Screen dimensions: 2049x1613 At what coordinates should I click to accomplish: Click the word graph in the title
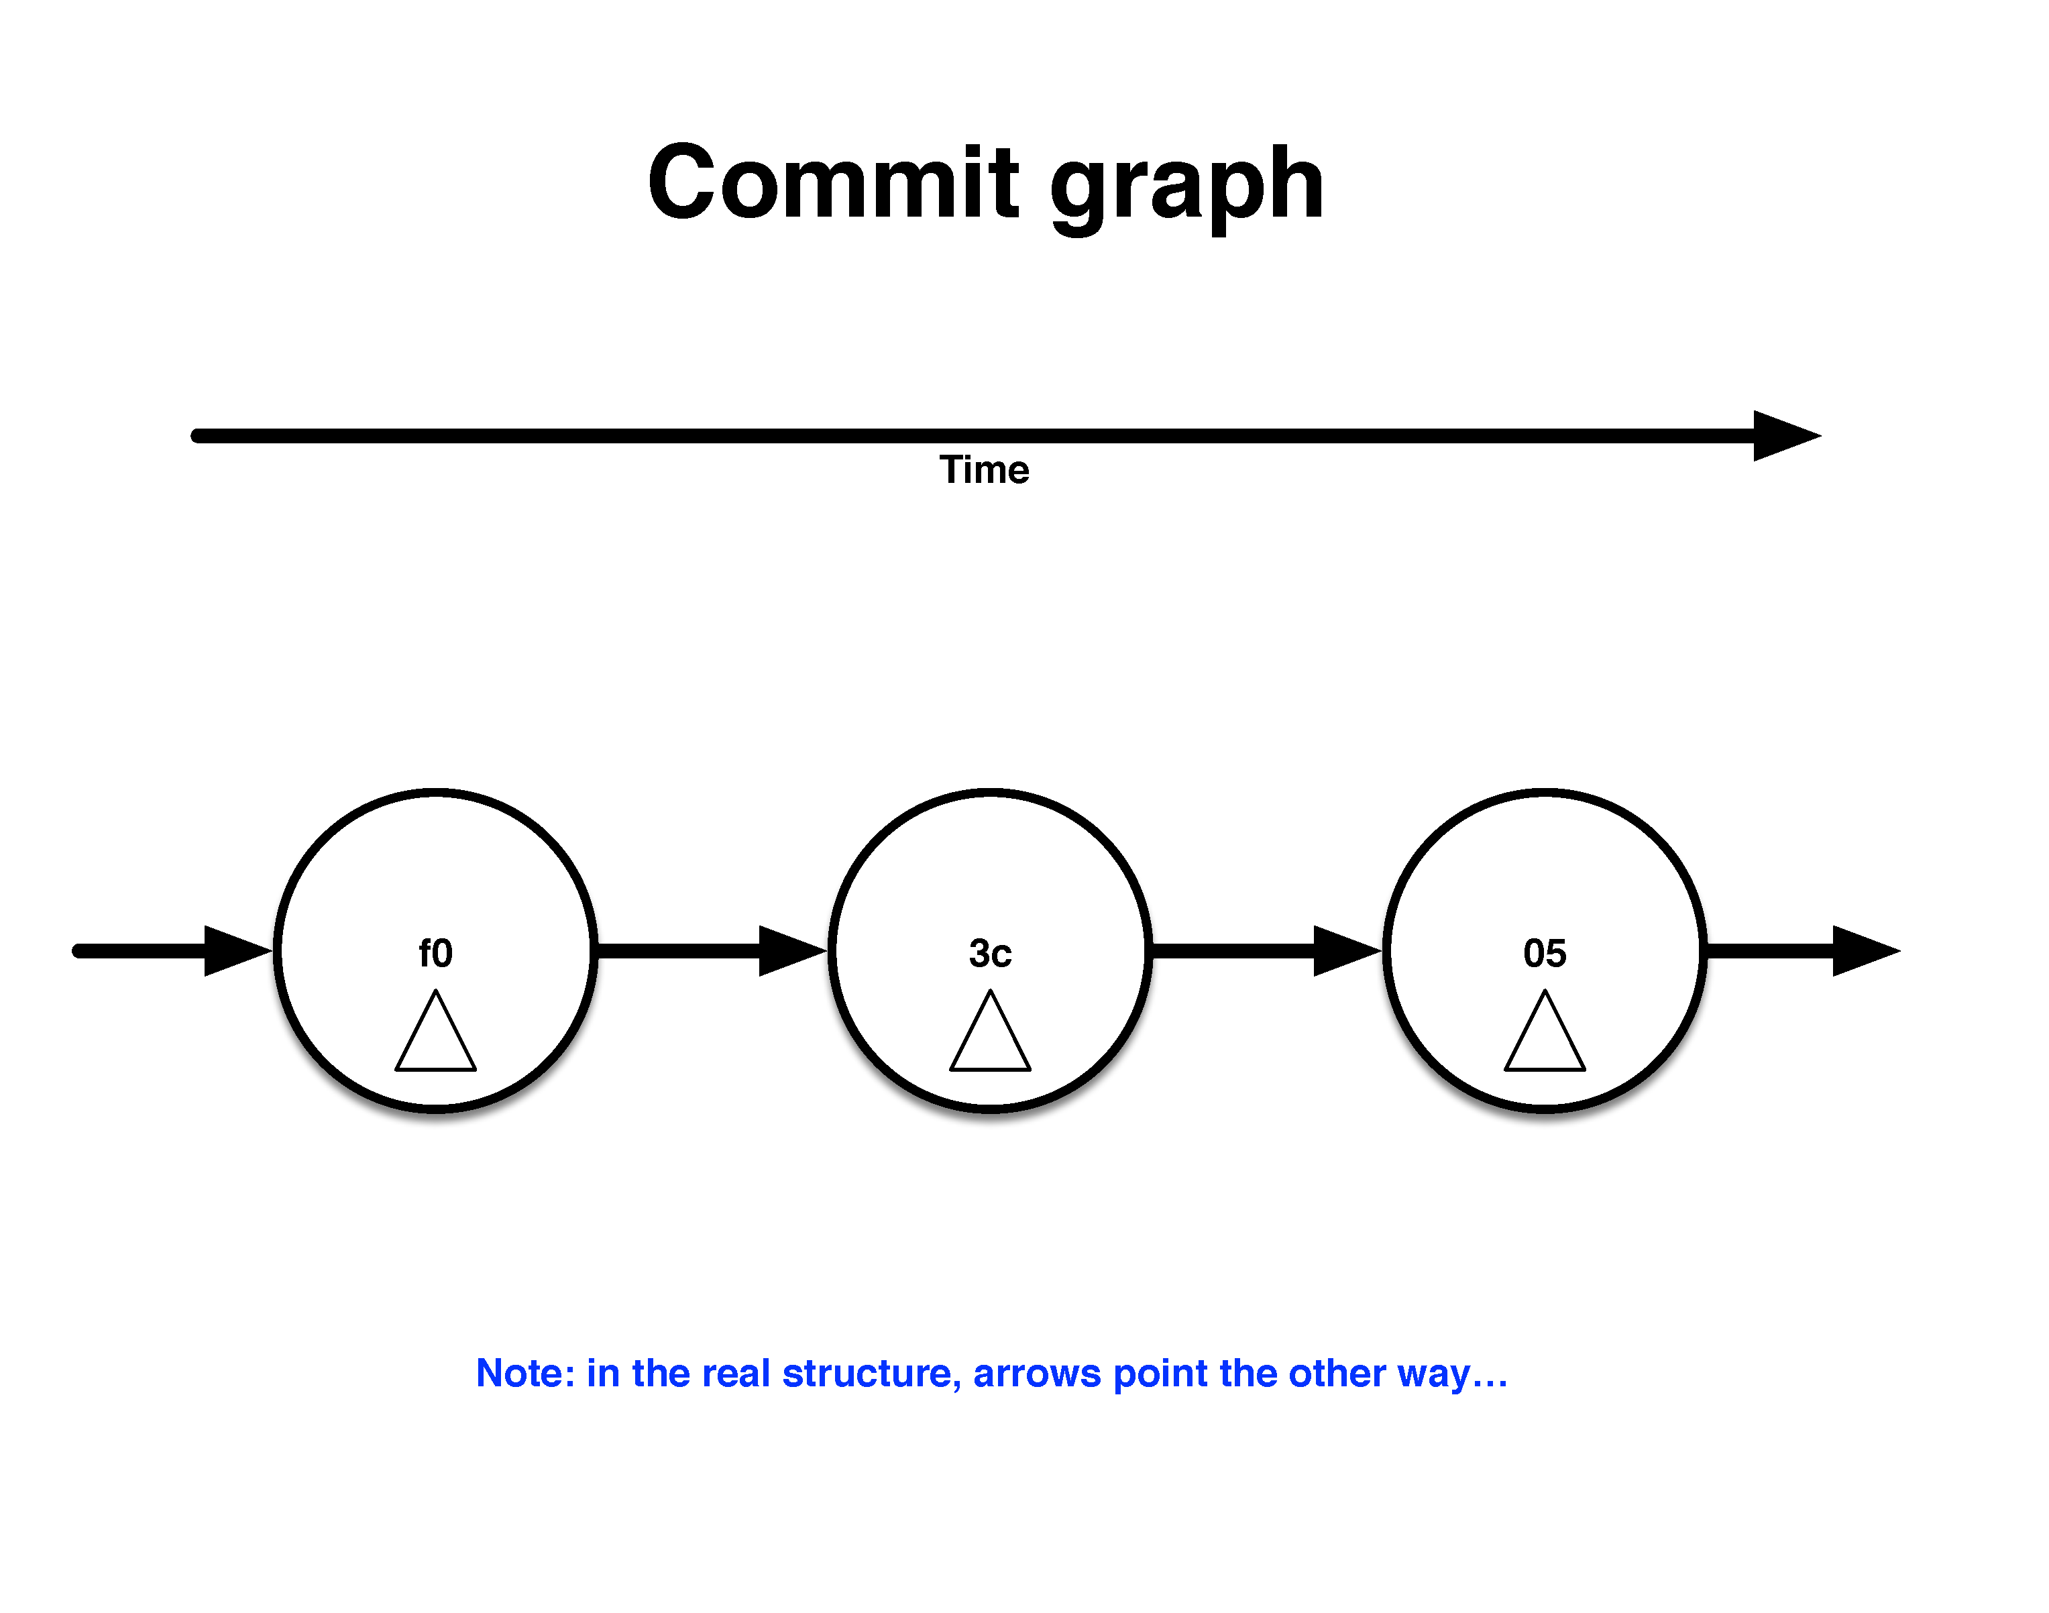click(1187, 189)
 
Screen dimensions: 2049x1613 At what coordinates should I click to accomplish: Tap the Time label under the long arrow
click(984, 469)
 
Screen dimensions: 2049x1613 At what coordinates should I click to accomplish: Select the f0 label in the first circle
click(435, 953)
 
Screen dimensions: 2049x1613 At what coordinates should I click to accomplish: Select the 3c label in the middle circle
click(989, 954)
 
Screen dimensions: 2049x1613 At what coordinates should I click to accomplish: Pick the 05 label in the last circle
click(1545, 954)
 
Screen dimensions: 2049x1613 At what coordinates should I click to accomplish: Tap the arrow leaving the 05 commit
click(1804, 950)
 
